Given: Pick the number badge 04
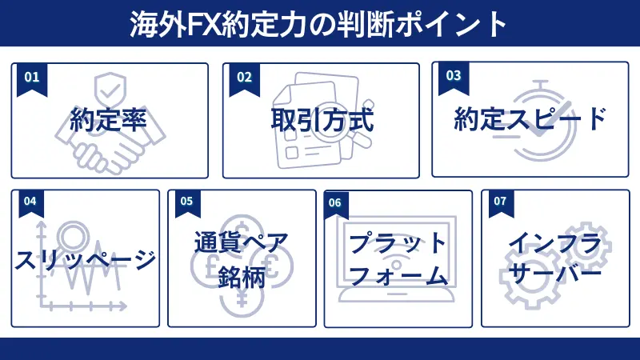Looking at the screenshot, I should pyautogui.click(x=30, y=202).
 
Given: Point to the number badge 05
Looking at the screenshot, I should pyautogui.click(x=186, y=202).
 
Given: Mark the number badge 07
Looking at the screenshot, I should pyautogui.click(x=500, y=202).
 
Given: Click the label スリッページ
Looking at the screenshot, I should pyautogui.click(x=85, y=259).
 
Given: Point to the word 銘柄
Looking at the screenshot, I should pyautogui.click(x=242, y=277).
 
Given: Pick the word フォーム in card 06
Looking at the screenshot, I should pyautogui.click(x=398, y=277).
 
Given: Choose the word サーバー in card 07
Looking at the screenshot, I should pyautogui.click(x=554, y=274).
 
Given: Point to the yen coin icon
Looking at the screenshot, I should pyautogui.click(x=242, y=303).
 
